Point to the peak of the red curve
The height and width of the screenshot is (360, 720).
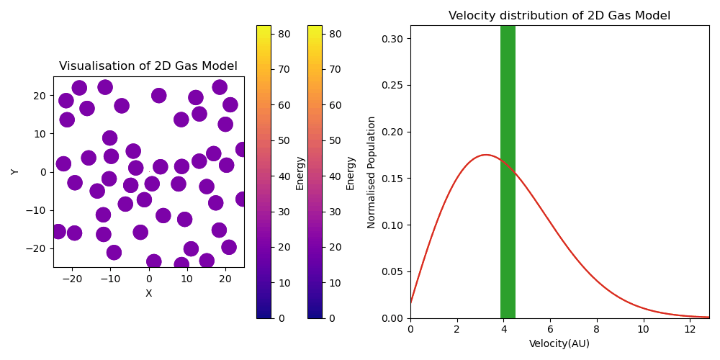point(485,155)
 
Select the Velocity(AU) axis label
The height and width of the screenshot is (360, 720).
point(559,343)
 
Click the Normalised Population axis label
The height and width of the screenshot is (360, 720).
point(372,172)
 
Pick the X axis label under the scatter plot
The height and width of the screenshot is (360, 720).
point(148,293)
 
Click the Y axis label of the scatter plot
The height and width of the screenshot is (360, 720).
point(15,171)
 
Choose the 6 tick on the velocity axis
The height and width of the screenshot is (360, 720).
point(550,329)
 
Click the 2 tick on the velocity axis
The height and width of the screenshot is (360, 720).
point(456,329)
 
